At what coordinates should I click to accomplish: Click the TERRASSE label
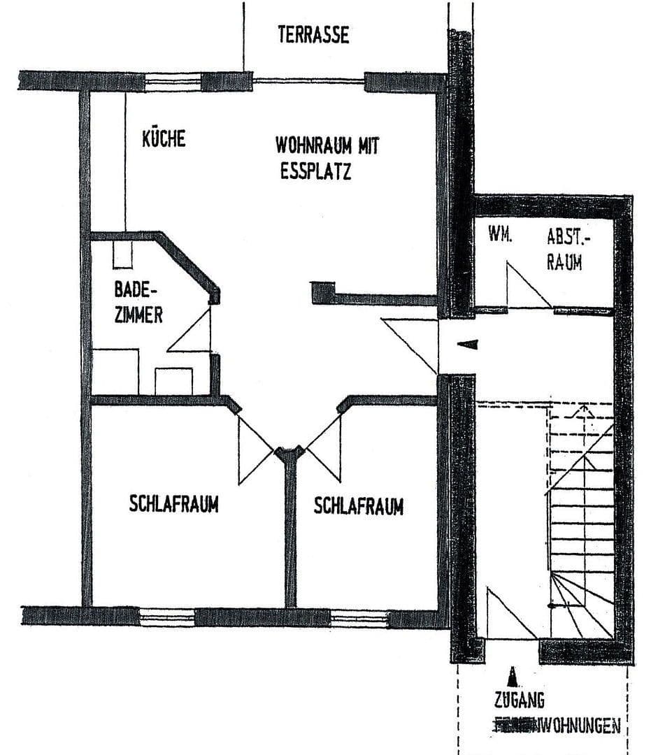(x=313, y=35)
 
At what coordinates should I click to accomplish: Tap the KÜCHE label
(x=164, y=138)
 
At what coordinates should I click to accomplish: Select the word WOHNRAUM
(x=312, y=146)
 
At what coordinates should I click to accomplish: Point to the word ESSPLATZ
(x=311, y=171)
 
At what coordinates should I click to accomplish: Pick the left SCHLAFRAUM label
(x=173, y=504)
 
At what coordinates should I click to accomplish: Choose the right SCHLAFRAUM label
(x=358, y=506)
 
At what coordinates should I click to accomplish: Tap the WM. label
(x=500, y=236)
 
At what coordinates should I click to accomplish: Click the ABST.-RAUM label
(x=568, y=250)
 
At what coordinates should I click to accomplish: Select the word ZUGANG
(x=518, y=700)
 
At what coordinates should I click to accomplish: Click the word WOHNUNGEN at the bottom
(x=577, y=726)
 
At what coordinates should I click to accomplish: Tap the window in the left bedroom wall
(x=167, y=617)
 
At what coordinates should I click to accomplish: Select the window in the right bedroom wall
(x=359, y=617)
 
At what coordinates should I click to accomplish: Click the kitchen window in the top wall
(x=173, y=80)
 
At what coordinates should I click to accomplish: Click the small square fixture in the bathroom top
(x=122, y=257)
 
